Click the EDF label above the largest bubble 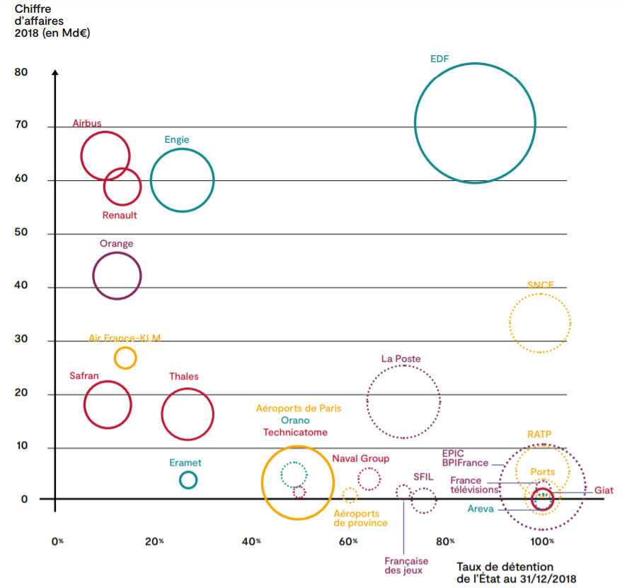[x=439, y=59]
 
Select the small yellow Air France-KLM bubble [x=125, y=358]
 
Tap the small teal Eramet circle [x=188, y=481]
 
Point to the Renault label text [x=120, y=216]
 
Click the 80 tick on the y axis [x=21, y=73]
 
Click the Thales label [x=184, y=377]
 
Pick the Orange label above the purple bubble [x=116, y=244]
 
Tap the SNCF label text [x=540, y=285]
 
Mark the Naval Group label [x=361, y=459]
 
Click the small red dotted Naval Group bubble [x=369, y=479]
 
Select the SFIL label [x=423, y=477]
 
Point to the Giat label [x=604, y=490]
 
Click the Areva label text [x=480, y=509]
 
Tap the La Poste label [x=401, y=359]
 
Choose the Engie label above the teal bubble [x=177, y=140]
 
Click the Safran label [x=84, y=376]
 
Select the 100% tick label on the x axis [x=542, y=541]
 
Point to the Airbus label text [x=87, y=124]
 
